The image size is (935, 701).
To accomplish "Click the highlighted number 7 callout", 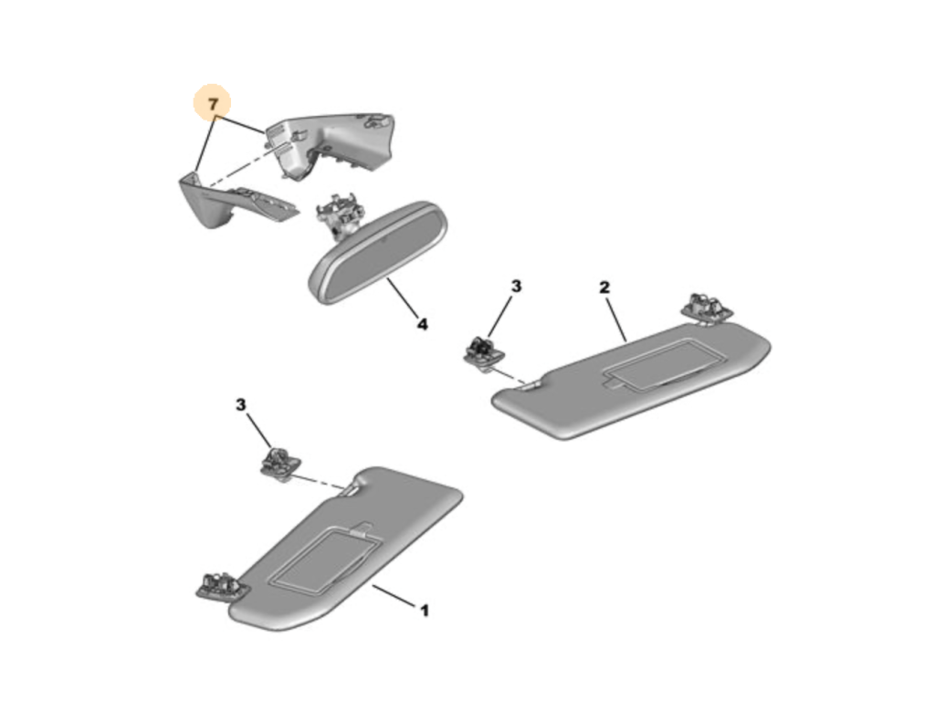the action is pos(212,104).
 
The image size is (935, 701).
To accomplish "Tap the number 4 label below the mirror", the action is pos(422,324).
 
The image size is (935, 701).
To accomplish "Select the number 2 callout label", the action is pos(604,288).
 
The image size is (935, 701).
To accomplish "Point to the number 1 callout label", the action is pos(425,611).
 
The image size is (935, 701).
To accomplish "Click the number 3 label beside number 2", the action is pos(516,286).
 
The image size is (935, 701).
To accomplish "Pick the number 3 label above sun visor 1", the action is pos(240,404).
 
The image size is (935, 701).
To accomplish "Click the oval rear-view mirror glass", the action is pos(378,253).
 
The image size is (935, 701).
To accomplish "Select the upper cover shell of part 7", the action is pos(330,143).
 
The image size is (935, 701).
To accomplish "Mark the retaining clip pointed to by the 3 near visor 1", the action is pos(280,462).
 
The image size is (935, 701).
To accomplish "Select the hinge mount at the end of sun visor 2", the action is pos(708,309).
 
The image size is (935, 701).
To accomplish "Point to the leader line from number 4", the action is pos(402,298).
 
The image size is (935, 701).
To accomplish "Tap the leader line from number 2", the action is pos(616,319).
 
